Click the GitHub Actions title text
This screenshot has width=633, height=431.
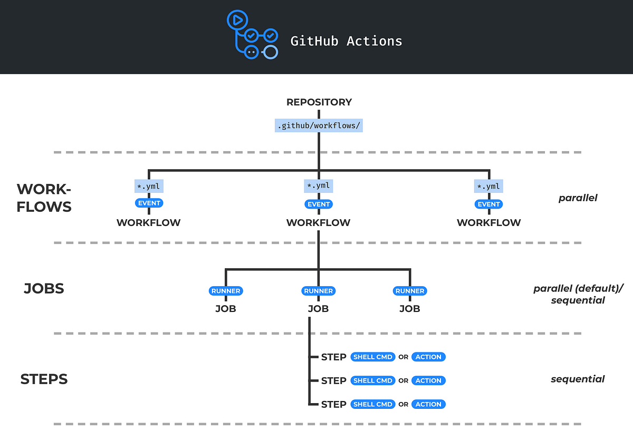346,41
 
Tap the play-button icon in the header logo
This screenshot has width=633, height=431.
236,21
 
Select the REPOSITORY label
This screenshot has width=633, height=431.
319,102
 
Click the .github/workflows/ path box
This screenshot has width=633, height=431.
319,126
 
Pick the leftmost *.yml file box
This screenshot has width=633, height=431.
149,186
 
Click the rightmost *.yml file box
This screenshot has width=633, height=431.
489,186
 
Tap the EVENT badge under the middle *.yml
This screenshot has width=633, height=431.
319,204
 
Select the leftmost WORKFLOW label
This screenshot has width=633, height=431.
149,222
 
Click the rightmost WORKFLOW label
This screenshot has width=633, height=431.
489,222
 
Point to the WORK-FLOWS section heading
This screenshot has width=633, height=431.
44,198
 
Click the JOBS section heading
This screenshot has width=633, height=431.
44,288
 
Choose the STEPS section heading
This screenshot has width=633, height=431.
44,379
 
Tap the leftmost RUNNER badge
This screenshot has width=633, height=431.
226,291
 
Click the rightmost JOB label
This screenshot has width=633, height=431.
409,309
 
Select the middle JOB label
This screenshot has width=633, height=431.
319,309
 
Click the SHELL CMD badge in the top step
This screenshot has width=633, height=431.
373,357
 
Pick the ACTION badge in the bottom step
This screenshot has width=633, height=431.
428,404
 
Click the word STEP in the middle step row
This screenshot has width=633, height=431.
333,380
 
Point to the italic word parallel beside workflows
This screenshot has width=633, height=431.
578,199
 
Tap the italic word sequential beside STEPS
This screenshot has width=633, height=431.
578,379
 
